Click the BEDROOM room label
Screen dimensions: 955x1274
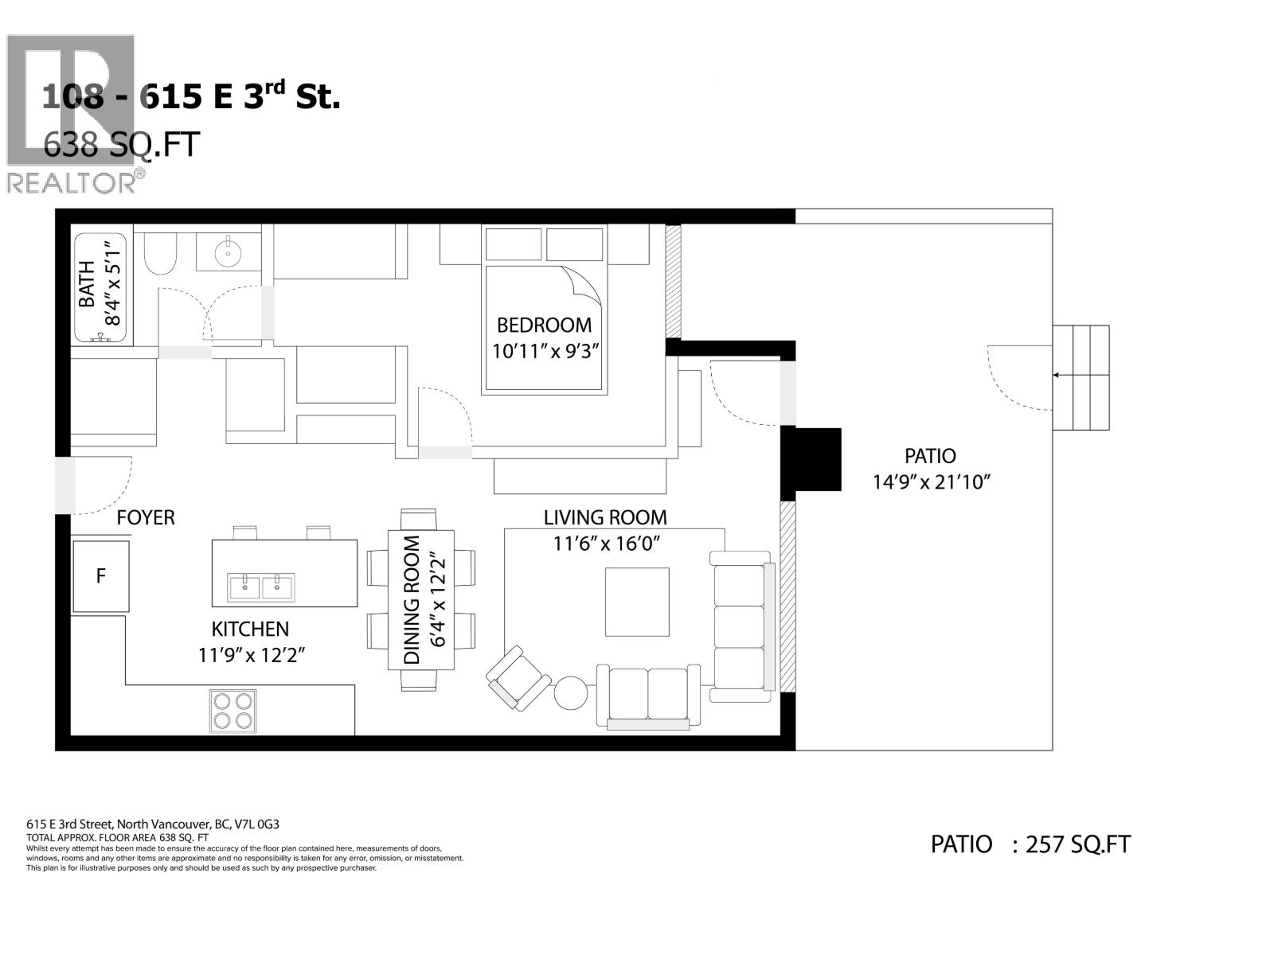coord(544,325)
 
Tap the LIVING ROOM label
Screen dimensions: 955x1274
coord(605,517)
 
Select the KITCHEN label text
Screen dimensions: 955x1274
coord(250,629)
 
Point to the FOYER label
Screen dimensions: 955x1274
coord(146,518)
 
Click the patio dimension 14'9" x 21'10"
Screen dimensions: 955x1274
coord(930,481)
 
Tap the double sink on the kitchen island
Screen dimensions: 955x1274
coord(261,587)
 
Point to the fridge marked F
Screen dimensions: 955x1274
coord(100,576)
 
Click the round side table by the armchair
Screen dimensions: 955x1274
coord(570,692)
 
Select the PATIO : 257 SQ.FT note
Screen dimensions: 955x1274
coord(1030,844)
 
